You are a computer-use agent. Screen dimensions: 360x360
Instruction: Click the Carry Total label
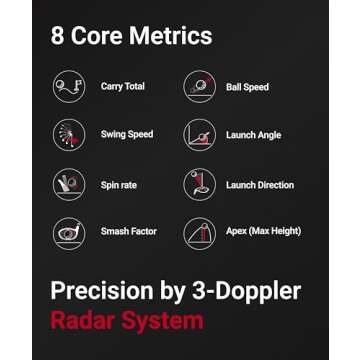(x=122, y=87)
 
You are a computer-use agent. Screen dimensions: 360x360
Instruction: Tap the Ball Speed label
(x=247, y=87)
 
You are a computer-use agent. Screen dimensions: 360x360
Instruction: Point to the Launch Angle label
(x=254, y=135)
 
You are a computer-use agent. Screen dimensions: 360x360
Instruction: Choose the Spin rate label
(x=118, y=184)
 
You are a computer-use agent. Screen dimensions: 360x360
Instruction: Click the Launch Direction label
(x=260, y=184)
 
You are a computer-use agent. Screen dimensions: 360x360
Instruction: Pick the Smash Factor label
(x=128, y=232)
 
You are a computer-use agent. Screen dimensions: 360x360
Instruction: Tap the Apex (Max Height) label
(x=263, y=232)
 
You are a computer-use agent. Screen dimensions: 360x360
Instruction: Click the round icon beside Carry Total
(x=69, y=87)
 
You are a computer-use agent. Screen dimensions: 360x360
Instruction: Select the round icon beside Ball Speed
(x=200, y=87)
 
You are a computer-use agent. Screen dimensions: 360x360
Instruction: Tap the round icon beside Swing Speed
(x=69, y=135)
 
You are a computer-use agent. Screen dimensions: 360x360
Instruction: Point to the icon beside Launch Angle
(x=200, y=135)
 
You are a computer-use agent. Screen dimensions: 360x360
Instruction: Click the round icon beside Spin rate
(x=69, y=184)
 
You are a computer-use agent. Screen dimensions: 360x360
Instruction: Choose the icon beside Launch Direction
(x=200, y=184)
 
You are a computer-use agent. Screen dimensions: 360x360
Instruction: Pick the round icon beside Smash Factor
(x=69, y=232)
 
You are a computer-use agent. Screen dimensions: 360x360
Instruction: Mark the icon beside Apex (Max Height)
(x=200, y=232)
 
